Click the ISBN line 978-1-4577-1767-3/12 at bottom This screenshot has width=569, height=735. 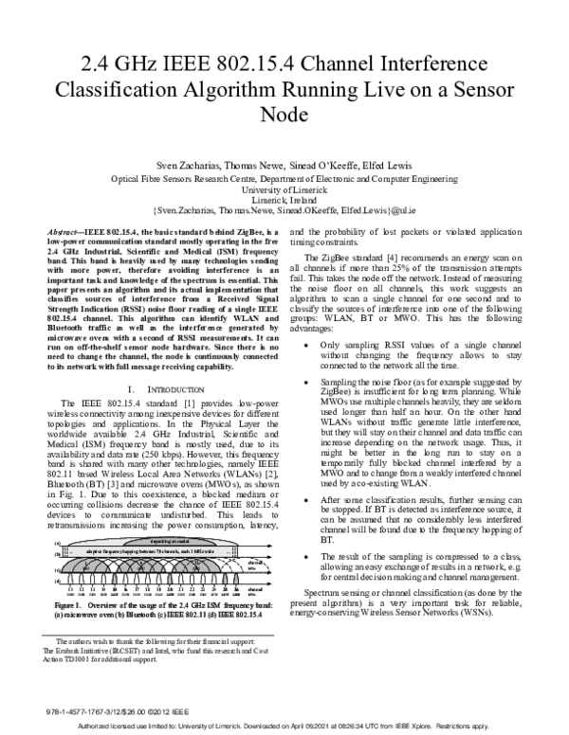88,707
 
